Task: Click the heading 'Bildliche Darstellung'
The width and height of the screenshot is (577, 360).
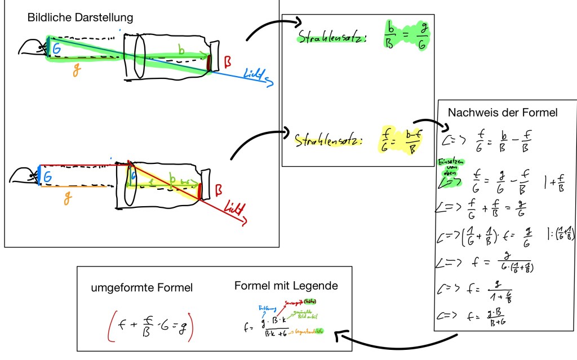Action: click(80, 17)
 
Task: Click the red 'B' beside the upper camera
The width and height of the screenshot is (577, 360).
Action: click(227, 60)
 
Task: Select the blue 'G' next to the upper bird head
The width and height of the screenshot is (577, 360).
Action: click(56, 49)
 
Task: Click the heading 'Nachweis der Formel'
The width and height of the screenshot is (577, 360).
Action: click(503, 113)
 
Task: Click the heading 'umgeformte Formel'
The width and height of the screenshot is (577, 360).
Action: click(142, 288)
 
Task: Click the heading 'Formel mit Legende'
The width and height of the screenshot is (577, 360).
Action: click(286, 286)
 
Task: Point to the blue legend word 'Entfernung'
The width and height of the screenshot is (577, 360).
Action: click(267, 308)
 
